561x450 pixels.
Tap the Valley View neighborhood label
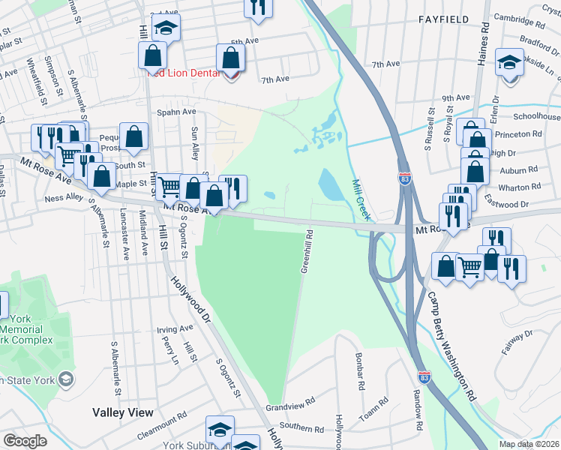coord(123,412)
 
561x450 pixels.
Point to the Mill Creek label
coord(360,199)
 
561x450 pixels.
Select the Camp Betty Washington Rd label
coord(453,341)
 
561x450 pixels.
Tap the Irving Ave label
coord(175,329)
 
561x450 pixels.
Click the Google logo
coord(25,441)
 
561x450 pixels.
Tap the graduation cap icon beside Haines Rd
coord(510,63)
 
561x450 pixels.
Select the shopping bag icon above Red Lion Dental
coord(230,57)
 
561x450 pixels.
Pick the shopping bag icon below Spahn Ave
coord(133,136)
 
